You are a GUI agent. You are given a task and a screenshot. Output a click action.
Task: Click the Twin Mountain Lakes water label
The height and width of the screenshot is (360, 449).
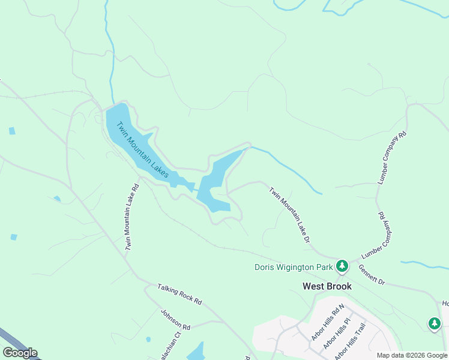[142, 149]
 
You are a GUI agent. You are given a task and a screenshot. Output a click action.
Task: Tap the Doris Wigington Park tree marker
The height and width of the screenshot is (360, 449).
[342, 265]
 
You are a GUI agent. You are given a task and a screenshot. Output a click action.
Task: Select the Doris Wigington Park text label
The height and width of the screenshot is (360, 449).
[294, 267]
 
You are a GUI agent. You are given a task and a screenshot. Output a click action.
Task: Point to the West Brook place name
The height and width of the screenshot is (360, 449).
[327, 286]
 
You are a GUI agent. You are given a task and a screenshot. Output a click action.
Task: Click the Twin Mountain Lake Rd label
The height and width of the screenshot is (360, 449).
[132, 217]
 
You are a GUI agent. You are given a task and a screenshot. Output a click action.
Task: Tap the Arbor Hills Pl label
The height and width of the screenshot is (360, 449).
[336, 335]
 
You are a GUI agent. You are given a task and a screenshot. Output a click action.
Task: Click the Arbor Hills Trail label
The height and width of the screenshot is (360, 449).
[351, 342]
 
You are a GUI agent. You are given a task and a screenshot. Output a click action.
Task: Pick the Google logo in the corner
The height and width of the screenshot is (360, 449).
[20, 353]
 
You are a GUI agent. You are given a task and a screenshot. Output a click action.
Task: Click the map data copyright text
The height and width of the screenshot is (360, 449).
[412, 355]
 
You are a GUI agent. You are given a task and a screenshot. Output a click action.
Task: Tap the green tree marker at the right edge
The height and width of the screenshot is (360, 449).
[435, 323]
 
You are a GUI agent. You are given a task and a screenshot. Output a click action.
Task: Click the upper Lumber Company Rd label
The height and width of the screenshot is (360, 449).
[392, 158]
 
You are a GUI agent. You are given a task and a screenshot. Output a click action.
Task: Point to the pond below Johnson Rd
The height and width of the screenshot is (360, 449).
[196, 352]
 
